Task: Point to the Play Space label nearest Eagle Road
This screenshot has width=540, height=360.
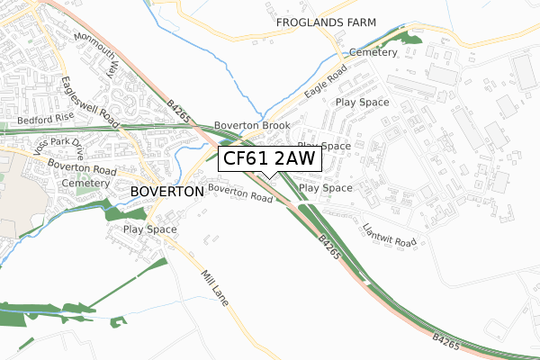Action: coord(362,103)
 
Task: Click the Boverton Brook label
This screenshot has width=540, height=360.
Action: coord(251,126)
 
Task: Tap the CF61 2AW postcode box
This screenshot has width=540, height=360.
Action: coord(268,159)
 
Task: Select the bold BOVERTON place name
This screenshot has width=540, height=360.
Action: coord(167,192)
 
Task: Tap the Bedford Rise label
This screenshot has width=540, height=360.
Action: coord(46,118)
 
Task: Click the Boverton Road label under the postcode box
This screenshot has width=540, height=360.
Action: coord(239,193)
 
